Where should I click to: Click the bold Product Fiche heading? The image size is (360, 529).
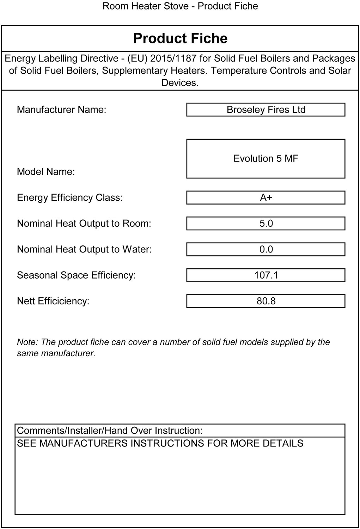tap(180, 38)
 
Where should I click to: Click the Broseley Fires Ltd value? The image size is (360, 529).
tap(266, 110)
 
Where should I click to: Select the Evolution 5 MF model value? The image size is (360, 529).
tap(266, 158)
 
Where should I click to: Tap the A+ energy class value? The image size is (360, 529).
tap(266, 197)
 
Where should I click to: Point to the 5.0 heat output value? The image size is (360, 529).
tap(266, 224)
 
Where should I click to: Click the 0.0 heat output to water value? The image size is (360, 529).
tap(266, 249)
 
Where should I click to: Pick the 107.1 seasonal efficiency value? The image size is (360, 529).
tap(266, 275)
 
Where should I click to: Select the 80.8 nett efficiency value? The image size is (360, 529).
tap(266, 301)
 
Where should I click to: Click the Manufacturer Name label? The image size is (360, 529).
tap(61, 110)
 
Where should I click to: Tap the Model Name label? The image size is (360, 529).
tap(46, 172)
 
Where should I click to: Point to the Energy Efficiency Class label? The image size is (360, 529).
tap(70, 197)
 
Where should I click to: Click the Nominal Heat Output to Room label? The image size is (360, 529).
tap(84, 224)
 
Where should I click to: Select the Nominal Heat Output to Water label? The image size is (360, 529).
tap(84, 249)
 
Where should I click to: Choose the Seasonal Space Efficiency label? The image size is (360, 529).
tap(76, 275)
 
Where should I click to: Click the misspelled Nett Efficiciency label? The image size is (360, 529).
tap(53, 301)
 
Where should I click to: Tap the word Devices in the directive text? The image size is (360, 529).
tap(179, 83)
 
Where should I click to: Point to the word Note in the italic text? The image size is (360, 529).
tap(27, 342)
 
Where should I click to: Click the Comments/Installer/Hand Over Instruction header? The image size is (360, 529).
tap(110, 431)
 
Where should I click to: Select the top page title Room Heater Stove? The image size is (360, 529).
tap(145, 6)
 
